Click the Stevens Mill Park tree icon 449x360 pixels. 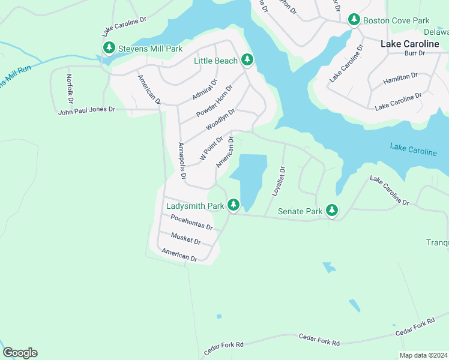pos(109,47)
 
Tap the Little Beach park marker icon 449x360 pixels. pos(247,59)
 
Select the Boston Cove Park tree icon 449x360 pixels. pos(354,20)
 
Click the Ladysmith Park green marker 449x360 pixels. pos(233,205)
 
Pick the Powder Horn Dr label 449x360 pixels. pos(214,101)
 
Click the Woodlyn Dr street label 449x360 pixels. pos(220,119)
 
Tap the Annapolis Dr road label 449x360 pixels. pos(182,162)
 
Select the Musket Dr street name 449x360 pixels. pos(185,238)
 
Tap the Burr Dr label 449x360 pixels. pos(414,53)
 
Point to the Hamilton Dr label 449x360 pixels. pos(400,78)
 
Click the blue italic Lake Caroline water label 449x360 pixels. pos(413,149)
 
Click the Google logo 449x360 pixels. pos(20,353)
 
